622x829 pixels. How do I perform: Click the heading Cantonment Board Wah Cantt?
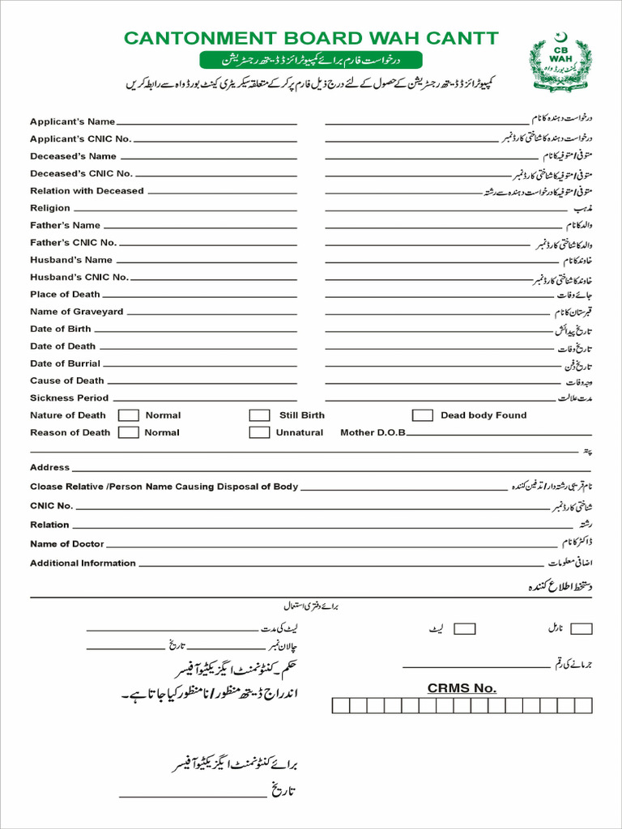pos(311,39)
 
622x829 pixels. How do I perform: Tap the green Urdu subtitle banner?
pos(311,60)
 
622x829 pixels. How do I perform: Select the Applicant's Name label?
pos(72,121)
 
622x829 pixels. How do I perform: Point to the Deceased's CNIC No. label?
pos(81,173)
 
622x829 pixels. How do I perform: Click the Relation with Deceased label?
pos(87,191)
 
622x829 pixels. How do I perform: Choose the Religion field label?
pos(50,208)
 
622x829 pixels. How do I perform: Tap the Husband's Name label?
pos(71,260)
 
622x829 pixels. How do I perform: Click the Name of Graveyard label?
pos(77,312)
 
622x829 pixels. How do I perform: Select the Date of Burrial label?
pos(66,363)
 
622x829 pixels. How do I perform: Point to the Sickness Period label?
pos(69,398)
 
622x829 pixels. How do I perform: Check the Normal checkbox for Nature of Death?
pos(128,415)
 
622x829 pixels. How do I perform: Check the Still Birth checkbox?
pos(259,415)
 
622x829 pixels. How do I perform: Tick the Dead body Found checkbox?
pos(422,415)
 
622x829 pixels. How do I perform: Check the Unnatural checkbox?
pos(259,432)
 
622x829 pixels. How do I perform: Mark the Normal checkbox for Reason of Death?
pos(128,432)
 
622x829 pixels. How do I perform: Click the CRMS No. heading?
pos(462,688)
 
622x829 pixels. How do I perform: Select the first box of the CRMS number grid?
pos(340,705)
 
